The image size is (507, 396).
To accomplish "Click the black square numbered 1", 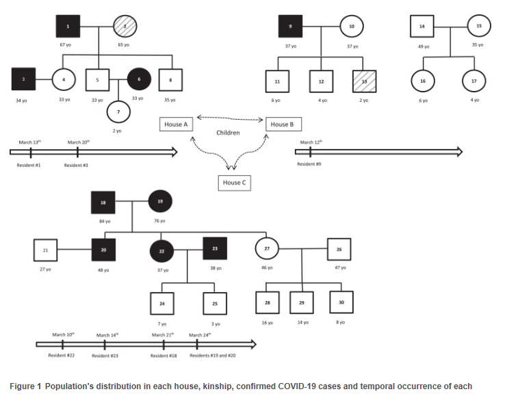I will coord(68,27).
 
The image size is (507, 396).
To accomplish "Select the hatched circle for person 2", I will coord(125,27).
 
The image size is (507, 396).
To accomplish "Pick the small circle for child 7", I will coord(118,110).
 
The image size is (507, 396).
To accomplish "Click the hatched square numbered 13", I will coord(362,81).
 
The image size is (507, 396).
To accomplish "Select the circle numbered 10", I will coord(352,27).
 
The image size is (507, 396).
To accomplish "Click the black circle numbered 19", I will coord(160,202).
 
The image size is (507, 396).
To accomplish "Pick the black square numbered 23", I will coord(214,250).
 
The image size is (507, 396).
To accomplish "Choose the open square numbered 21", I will coord(45,250).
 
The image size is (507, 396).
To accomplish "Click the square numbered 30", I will coord(341,302).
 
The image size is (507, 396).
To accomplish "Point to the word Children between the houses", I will coord(228,133).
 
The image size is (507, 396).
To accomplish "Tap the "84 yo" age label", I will coord(104,221).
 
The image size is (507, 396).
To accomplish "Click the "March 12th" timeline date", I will coord(311,142).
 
